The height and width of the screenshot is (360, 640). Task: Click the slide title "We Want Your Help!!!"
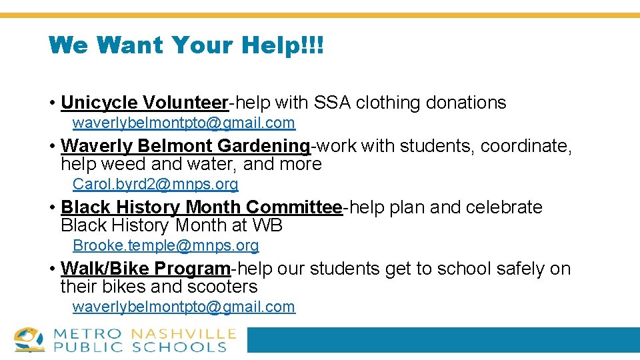click(186, 45)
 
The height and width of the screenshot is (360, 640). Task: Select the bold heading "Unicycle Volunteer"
click(145, 103)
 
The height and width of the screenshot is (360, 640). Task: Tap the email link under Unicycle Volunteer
click(183, 123)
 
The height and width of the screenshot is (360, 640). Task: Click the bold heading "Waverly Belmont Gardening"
click(185, 145)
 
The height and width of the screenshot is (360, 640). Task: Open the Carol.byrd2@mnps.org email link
click(155, 184)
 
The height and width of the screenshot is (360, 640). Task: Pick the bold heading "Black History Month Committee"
click(201, 207)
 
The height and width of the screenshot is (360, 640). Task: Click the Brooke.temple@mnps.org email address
click(165, 245)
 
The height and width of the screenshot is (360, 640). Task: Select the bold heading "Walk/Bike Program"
click(145, 269)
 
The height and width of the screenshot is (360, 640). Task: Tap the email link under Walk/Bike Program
click(183, 307)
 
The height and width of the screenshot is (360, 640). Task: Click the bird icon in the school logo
click(29, 339)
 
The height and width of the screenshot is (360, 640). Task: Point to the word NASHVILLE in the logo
click(183, 333)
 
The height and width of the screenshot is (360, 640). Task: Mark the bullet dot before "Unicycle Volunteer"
click(52, 103)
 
